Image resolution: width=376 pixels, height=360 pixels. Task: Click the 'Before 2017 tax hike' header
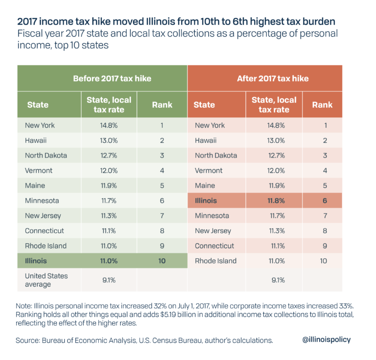(112, 78)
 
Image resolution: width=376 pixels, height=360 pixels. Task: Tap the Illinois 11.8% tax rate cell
(274, 201)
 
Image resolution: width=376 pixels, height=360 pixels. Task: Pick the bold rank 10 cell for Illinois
(162, 261)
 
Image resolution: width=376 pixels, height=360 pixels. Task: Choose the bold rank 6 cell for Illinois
(323, 201)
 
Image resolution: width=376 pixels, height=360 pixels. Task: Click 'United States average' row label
(47, 280)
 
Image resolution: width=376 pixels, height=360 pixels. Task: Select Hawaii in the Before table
(36, 140)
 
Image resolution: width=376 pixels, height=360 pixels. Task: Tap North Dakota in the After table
(216, 155)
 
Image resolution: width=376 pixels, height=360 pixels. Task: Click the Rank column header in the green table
(162, 105)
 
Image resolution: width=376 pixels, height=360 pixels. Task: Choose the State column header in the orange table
(204, 105)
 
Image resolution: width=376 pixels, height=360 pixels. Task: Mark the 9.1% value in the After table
(274, 280)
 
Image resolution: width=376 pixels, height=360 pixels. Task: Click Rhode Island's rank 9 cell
(162, 246)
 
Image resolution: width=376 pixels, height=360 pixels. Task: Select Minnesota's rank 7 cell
(323, 216)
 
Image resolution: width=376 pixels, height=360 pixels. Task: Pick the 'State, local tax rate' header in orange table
(274, 105)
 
